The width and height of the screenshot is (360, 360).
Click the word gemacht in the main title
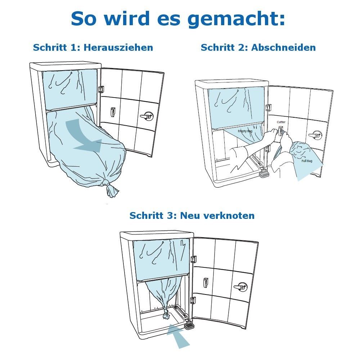coord(236,19)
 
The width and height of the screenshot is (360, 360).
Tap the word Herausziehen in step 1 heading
coord(118,48)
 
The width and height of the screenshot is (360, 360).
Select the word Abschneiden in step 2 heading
coord(284,48)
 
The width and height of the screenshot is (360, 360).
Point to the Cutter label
coord(281,122)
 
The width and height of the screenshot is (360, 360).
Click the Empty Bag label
coord(245,131)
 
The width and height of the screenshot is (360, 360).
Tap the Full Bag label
coord(307,161)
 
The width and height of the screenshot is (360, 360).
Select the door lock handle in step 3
coord(241,287)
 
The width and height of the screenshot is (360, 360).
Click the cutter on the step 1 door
coord(112,112)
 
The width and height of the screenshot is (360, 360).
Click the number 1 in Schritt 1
coord(73,48)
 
